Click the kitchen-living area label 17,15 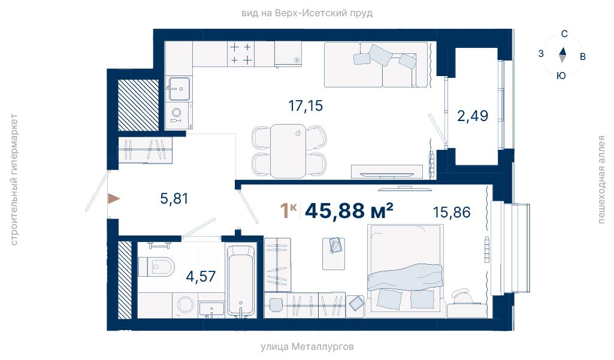[x=306, y=106]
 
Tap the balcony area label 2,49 [x=473, y=116]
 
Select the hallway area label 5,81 [x=174, y=199]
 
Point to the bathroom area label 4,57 [x=201, y=277]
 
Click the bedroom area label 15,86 [x=452, y=212]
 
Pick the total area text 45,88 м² [x=349, y=211]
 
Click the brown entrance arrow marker [x=114, y=199]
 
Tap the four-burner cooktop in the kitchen [x=241, y=54]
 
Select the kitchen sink [x=179, y=89]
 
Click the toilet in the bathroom [x=156, y=267]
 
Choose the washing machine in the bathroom [x=185, y=305]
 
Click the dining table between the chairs [x=288, y=151]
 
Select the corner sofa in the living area [x=376, y=65]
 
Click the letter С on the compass [x=564, y=34]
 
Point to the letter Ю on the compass [x=561, y=75]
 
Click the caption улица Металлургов [x=307, y=347]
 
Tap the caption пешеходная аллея [x=601, y=180]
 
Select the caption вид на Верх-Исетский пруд [x=307, y=13]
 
